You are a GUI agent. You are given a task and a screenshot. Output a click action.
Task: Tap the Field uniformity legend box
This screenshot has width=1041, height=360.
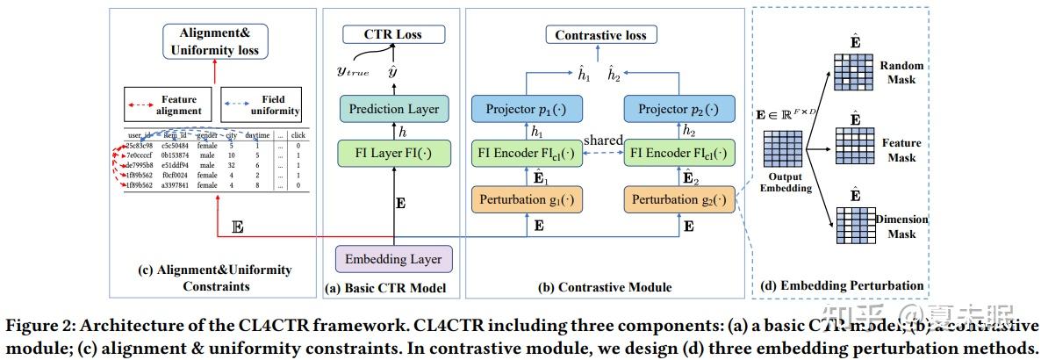262,105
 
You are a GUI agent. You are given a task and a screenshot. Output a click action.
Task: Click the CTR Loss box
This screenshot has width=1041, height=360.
393,34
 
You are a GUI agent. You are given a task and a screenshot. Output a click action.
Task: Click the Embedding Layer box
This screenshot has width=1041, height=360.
392,259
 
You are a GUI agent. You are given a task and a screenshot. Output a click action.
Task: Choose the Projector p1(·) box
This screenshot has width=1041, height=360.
525,109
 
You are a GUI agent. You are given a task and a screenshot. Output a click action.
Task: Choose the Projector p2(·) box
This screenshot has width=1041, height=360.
678,109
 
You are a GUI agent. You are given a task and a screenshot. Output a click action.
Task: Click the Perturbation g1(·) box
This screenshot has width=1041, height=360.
525,200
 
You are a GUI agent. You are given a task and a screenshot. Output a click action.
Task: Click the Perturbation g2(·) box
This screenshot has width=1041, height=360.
678,200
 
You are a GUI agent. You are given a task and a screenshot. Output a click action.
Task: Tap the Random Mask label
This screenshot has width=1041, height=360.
901,73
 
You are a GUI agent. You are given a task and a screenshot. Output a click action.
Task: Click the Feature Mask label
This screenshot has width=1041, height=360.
901,150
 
